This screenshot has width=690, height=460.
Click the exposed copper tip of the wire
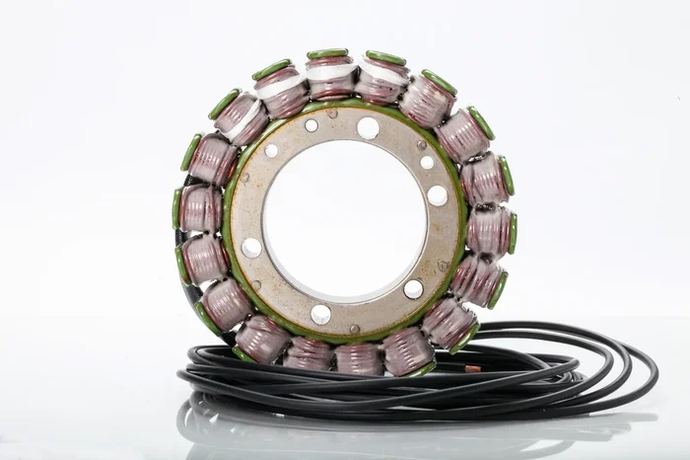coord(472,368)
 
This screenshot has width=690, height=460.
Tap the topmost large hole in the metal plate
coord(368,127)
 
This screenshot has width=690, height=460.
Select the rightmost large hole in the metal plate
coord(437,195)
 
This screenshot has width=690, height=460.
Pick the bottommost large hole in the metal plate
coord(320,314)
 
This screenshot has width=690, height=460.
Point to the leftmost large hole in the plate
coord(252,247)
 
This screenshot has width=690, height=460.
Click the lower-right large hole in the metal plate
coord(413,289)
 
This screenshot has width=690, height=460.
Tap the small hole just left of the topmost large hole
coord(311,125)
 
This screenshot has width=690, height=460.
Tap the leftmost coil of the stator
coord(200,208)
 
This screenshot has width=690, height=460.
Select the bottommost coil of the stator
coord(358,356)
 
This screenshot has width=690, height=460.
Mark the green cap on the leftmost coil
coord(177,208)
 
